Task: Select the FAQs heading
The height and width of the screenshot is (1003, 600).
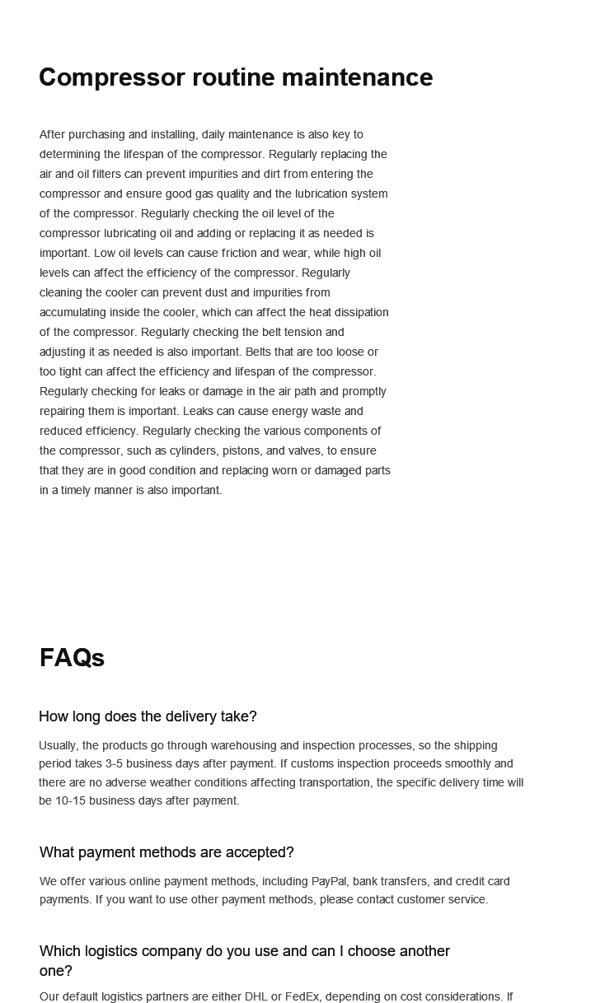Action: tap(72, 658)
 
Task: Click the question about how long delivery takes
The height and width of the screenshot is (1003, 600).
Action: tap(148, 716)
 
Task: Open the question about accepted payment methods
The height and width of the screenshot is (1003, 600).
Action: tap(166, 852)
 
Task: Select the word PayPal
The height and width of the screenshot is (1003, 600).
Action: tap(328, 881)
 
